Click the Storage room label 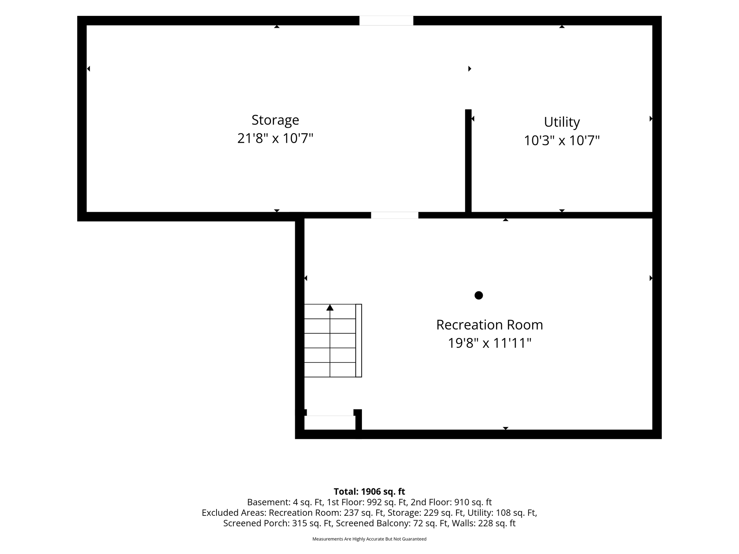point(275,120)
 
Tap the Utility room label point(562,122)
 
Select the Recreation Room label point(490,325)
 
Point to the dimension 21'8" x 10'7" point(275,138)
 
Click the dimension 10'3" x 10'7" point(562,140)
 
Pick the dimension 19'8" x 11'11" point(490,343)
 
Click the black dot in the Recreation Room point(478,295)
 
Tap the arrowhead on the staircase point(330,308)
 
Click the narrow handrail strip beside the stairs point(359,340)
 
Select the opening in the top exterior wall point(386,21)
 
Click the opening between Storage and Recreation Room point(395,215)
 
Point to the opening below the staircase point(330,422)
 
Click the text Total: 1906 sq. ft point(369,492)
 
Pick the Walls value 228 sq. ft point(497,523)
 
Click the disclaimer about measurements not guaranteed point(369,539)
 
